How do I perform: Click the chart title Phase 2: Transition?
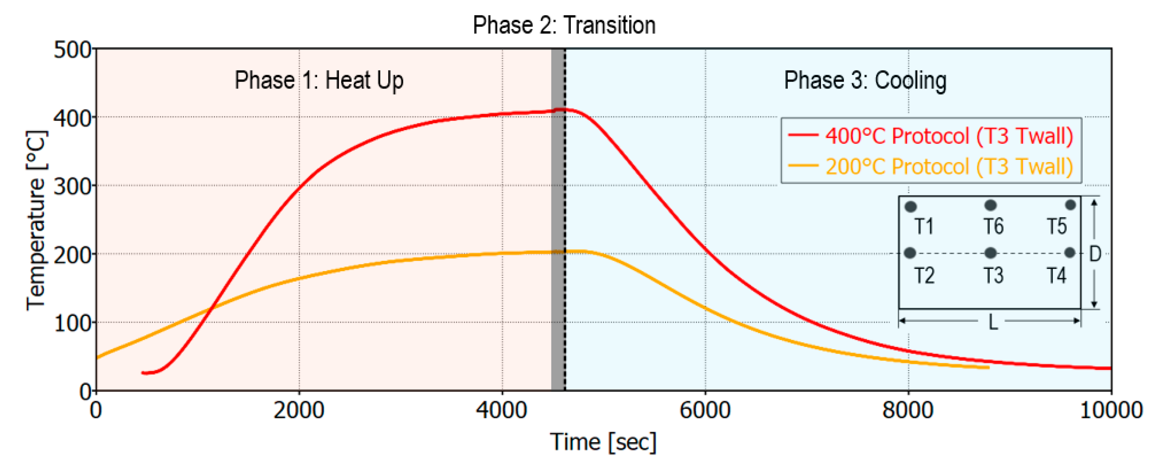pos(564,25)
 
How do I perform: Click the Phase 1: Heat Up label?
pos(319,80)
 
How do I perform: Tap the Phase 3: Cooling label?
pos(865,80)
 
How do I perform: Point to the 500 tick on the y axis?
pos(72,50)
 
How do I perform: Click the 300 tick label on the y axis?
pos(72,186)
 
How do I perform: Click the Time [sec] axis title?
pos(603,442)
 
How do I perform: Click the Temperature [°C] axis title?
pos(36,220)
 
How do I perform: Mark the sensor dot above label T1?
pos(910,207)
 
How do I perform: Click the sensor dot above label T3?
pos(990,253)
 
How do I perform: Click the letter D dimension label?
pos(1095,254)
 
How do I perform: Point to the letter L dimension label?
pos(993,322)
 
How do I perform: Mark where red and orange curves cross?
pos(211,308)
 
